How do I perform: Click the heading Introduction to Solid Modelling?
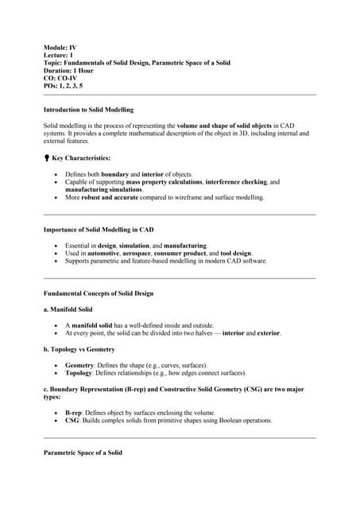(x=88, y=110)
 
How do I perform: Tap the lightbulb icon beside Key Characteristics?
(x=47, y=158)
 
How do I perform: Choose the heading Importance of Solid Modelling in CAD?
(x=98, y=230)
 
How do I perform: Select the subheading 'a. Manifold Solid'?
(x=68, y=309)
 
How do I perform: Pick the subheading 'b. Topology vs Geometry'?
(x=79, y=348)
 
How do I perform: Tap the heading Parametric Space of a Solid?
(x=83, y=453)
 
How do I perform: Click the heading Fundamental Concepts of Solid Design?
(x=98, y=293)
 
